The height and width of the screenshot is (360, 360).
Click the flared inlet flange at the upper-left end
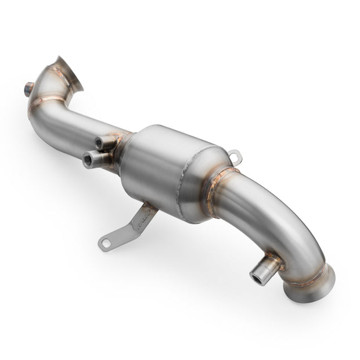click(x=68, y=74)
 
